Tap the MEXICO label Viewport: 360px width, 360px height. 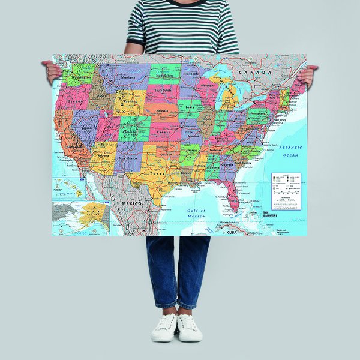click(x=132, y=203)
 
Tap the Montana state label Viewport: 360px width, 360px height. click(x=127, y=79)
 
